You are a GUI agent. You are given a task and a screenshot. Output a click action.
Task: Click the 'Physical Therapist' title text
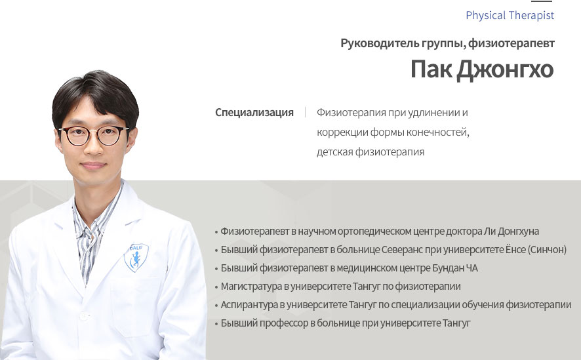tap(510, 16)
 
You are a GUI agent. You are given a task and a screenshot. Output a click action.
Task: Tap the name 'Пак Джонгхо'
tap(482, 70)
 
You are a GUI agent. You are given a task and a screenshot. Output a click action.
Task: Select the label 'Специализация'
tap(254, 113)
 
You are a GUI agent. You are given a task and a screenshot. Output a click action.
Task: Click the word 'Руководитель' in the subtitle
tap(380, 43)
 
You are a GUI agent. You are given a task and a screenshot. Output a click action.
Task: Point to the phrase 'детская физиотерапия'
tap(371, 152)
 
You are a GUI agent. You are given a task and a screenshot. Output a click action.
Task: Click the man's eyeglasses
tap(94, 136)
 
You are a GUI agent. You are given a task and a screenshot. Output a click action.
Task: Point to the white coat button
tap(84, 316)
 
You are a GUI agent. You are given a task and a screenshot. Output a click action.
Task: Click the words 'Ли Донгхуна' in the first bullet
tap(511, 231)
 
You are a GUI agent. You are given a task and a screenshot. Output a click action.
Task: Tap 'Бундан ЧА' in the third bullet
tap(455, 268)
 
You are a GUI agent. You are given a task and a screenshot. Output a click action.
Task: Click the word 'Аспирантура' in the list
tap(249, 305)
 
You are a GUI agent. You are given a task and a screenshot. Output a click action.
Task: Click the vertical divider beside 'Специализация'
tap(306, 112)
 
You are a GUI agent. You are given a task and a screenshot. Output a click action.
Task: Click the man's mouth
tap(92, 165)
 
